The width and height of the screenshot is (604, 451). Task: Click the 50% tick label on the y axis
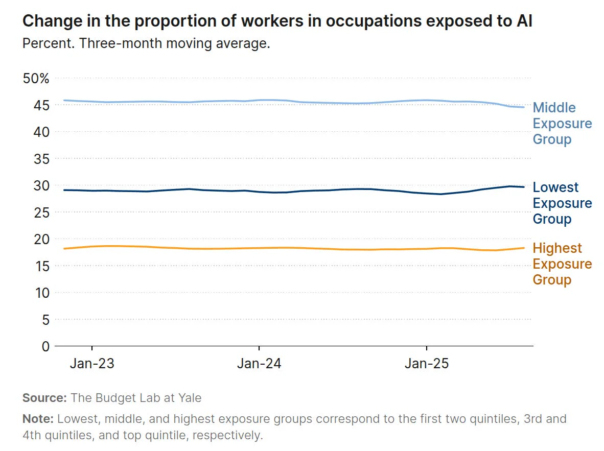(36, 79)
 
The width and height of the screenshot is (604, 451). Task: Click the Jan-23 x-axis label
(92, 364)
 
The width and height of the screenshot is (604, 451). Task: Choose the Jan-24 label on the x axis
(259, 364)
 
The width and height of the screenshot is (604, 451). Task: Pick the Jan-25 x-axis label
(427, 364)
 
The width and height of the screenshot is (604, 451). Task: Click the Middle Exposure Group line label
(562, 123)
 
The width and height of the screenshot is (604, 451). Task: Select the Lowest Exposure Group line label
(562, 203)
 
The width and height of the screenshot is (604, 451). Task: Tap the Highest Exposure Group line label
(562, 264)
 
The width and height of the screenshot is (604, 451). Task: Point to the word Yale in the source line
(190, 397)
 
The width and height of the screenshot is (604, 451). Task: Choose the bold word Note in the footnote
(38, 419)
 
